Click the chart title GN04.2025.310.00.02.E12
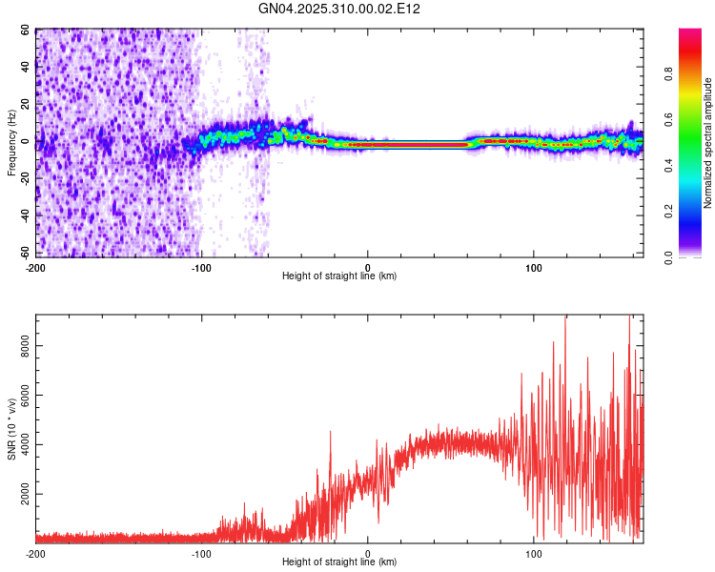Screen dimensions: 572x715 coord(339,9)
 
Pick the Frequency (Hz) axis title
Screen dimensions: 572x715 coord(11,142)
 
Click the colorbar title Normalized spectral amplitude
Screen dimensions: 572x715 coord(708,142)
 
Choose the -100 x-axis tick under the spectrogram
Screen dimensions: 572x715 coord(201,266)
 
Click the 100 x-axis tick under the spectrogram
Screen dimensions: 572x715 coord(534,266)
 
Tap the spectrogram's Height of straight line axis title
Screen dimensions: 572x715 coord(339,276)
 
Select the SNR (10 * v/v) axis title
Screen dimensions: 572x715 coord(11,428)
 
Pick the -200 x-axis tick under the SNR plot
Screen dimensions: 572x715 coord(35,553)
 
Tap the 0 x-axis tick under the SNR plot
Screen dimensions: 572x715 coord(368,553)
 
